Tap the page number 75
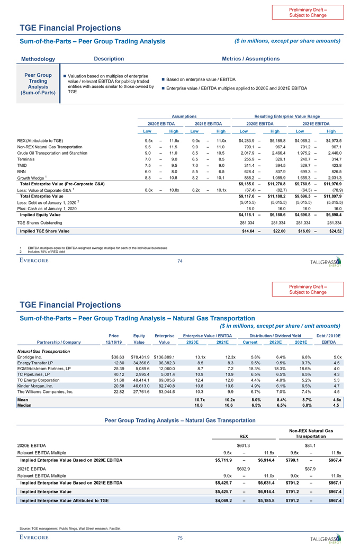point(179,539)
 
